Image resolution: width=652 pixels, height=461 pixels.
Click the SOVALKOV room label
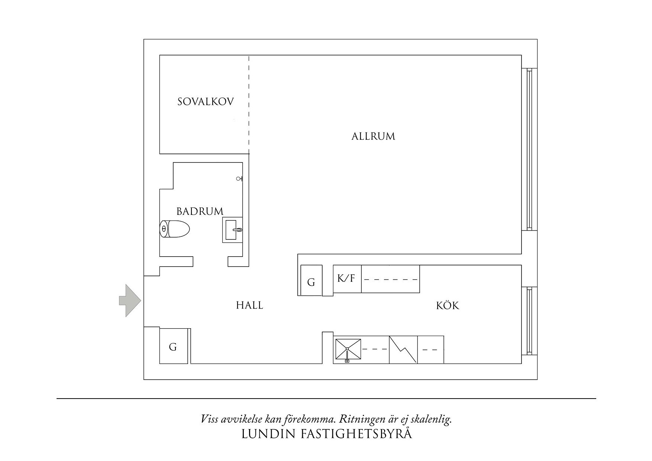205,102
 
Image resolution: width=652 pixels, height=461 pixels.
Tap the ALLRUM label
373,136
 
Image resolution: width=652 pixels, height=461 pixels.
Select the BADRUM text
200,212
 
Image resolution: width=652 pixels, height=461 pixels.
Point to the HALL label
249,306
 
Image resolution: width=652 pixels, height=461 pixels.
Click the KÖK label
448,306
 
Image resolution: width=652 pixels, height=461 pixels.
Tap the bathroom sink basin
232,230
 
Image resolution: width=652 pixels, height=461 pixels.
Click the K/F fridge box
346,278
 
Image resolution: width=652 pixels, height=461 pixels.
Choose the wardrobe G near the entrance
173,346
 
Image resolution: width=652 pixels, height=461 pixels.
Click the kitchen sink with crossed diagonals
348,349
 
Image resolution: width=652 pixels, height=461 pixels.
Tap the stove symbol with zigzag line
403,349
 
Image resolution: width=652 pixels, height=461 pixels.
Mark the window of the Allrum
529,149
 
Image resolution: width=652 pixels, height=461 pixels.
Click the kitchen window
529,321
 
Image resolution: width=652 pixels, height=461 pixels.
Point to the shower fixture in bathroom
240,179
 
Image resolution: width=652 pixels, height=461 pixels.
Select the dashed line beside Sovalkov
249,104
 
